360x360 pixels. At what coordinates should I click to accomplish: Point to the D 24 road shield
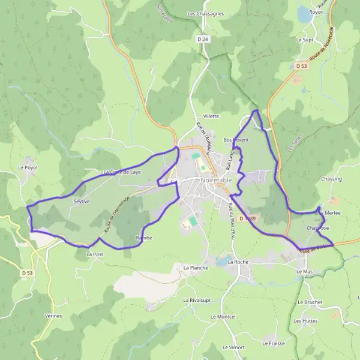(x=204, y=39)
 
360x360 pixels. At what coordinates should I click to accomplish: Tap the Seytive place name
(x=81, y=202)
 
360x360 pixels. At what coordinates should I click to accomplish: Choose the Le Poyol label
(x=28, y=167)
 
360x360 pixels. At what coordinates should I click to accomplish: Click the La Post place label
(x=95, y=254)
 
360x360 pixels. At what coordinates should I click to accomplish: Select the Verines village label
(x=53, y=316)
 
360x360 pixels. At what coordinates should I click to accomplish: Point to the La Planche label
(x=194, y=268)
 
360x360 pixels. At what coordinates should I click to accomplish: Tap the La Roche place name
(x=238, y=262)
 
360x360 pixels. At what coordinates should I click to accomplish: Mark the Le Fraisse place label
(x=274, y=344)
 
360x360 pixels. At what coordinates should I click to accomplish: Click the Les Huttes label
(x=305, y=321)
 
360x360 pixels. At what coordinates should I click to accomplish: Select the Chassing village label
(x=331, y=179)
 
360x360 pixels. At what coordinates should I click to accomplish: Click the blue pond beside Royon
(x=305, y=16)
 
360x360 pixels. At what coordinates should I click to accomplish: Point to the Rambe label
(x=144, y=238)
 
